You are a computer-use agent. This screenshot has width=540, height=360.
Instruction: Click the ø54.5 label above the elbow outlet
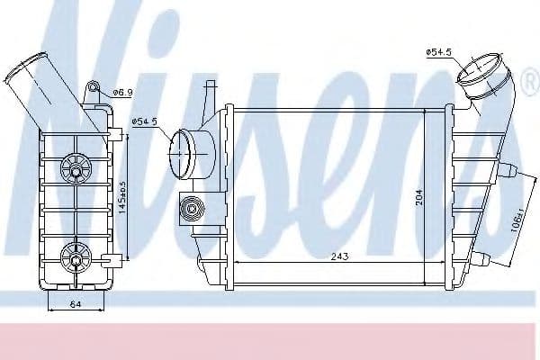(438, 53)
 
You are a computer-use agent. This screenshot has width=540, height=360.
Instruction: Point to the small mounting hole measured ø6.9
(92, 89)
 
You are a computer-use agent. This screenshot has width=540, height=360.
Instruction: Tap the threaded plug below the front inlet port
(190, 209)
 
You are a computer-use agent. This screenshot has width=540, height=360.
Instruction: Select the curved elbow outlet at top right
(487, 76)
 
